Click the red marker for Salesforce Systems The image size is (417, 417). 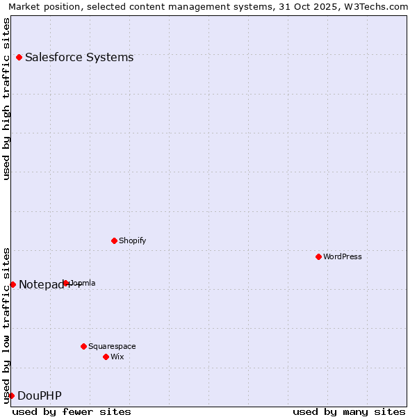pyautogui.click(x=19, y=57)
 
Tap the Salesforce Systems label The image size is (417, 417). pyautogui.click(x=79, y=58)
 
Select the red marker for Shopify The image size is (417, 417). pyautogui.click(x=114, y=240)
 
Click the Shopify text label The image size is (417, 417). pyautogui.click(x=132, y=241)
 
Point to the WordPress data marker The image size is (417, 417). pyautogui.click(x=318, y=256)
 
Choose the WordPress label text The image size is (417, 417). pyautogui.click(x=343, y=257)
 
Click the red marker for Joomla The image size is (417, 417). pyautogui.click(x=66, y=283)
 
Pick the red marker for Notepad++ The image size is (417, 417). pyautogui.click(x=13, y=284)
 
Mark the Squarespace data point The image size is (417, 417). pyautogui.click(x=83, y=346)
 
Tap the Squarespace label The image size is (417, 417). pyautogui.click(x=112, y=347)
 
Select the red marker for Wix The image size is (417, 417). pyautogui.click(x=106, y=357)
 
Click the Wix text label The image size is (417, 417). pyautogui.click(x=117, y=357)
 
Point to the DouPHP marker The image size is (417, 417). pyautogui.click(x=11, y=395)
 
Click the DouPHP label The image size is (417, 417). pyautogui.click(x=40, y=396)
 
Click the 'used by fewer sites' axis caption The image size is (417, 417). pyautogui.click(x=72, y=411)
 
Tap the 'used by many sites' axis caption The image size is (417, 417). pyautogui.click(x=349, y=411)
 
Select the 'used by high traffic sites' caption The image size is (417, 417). pyautogui.click(x=6, y=99)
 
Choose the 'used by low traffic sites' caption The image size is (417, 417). pyautogui.click(x=6, y=325)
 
